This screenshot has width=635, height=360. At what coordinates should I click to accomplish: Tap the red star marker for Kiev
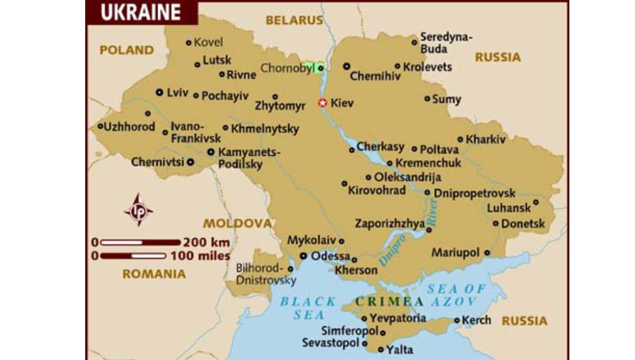[x=322, y=103]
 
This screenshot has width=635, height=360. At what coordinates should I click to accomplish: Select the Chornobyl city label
[x=287, y=68]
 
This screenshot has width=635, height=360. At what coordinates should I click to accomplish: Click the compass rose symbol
[x=139, y=210]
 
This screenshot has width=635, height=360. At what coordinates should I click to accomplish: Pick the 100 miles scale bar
[x=133, y=256]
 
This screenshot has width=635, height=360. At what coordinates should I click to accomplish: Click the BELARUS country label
[x=294, y=21]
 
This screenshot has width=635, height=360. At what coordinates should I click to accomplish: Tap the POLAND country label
[x=127, y=50]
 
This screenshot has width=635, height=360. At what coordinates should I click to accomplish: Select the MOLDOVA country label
[x=238, y=223]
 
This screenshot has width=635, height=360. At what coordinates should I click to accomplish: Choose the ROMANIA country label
[x=154, y=274]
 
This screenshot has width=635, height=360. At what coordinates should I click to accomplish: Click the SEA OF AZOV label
[x=457, y=295]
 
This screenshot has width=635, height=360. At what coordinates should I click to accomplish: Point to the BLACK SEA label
[x=308, y=308]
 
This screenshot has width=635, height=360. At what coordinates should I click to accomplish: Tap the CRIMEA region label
[x=389, y=302]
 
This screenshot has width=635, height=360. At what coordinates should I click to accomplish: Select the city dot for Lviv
[x=159, y=92]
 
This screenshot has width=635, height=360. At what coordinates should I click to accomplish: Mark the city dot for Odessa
[x=304, y=256]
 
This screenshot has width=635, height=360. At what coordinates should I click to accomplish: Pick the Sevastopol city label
[x=331, y=343]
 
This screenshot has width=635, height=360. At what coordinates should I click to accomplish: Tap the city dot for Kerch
[x=457, y=320]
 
